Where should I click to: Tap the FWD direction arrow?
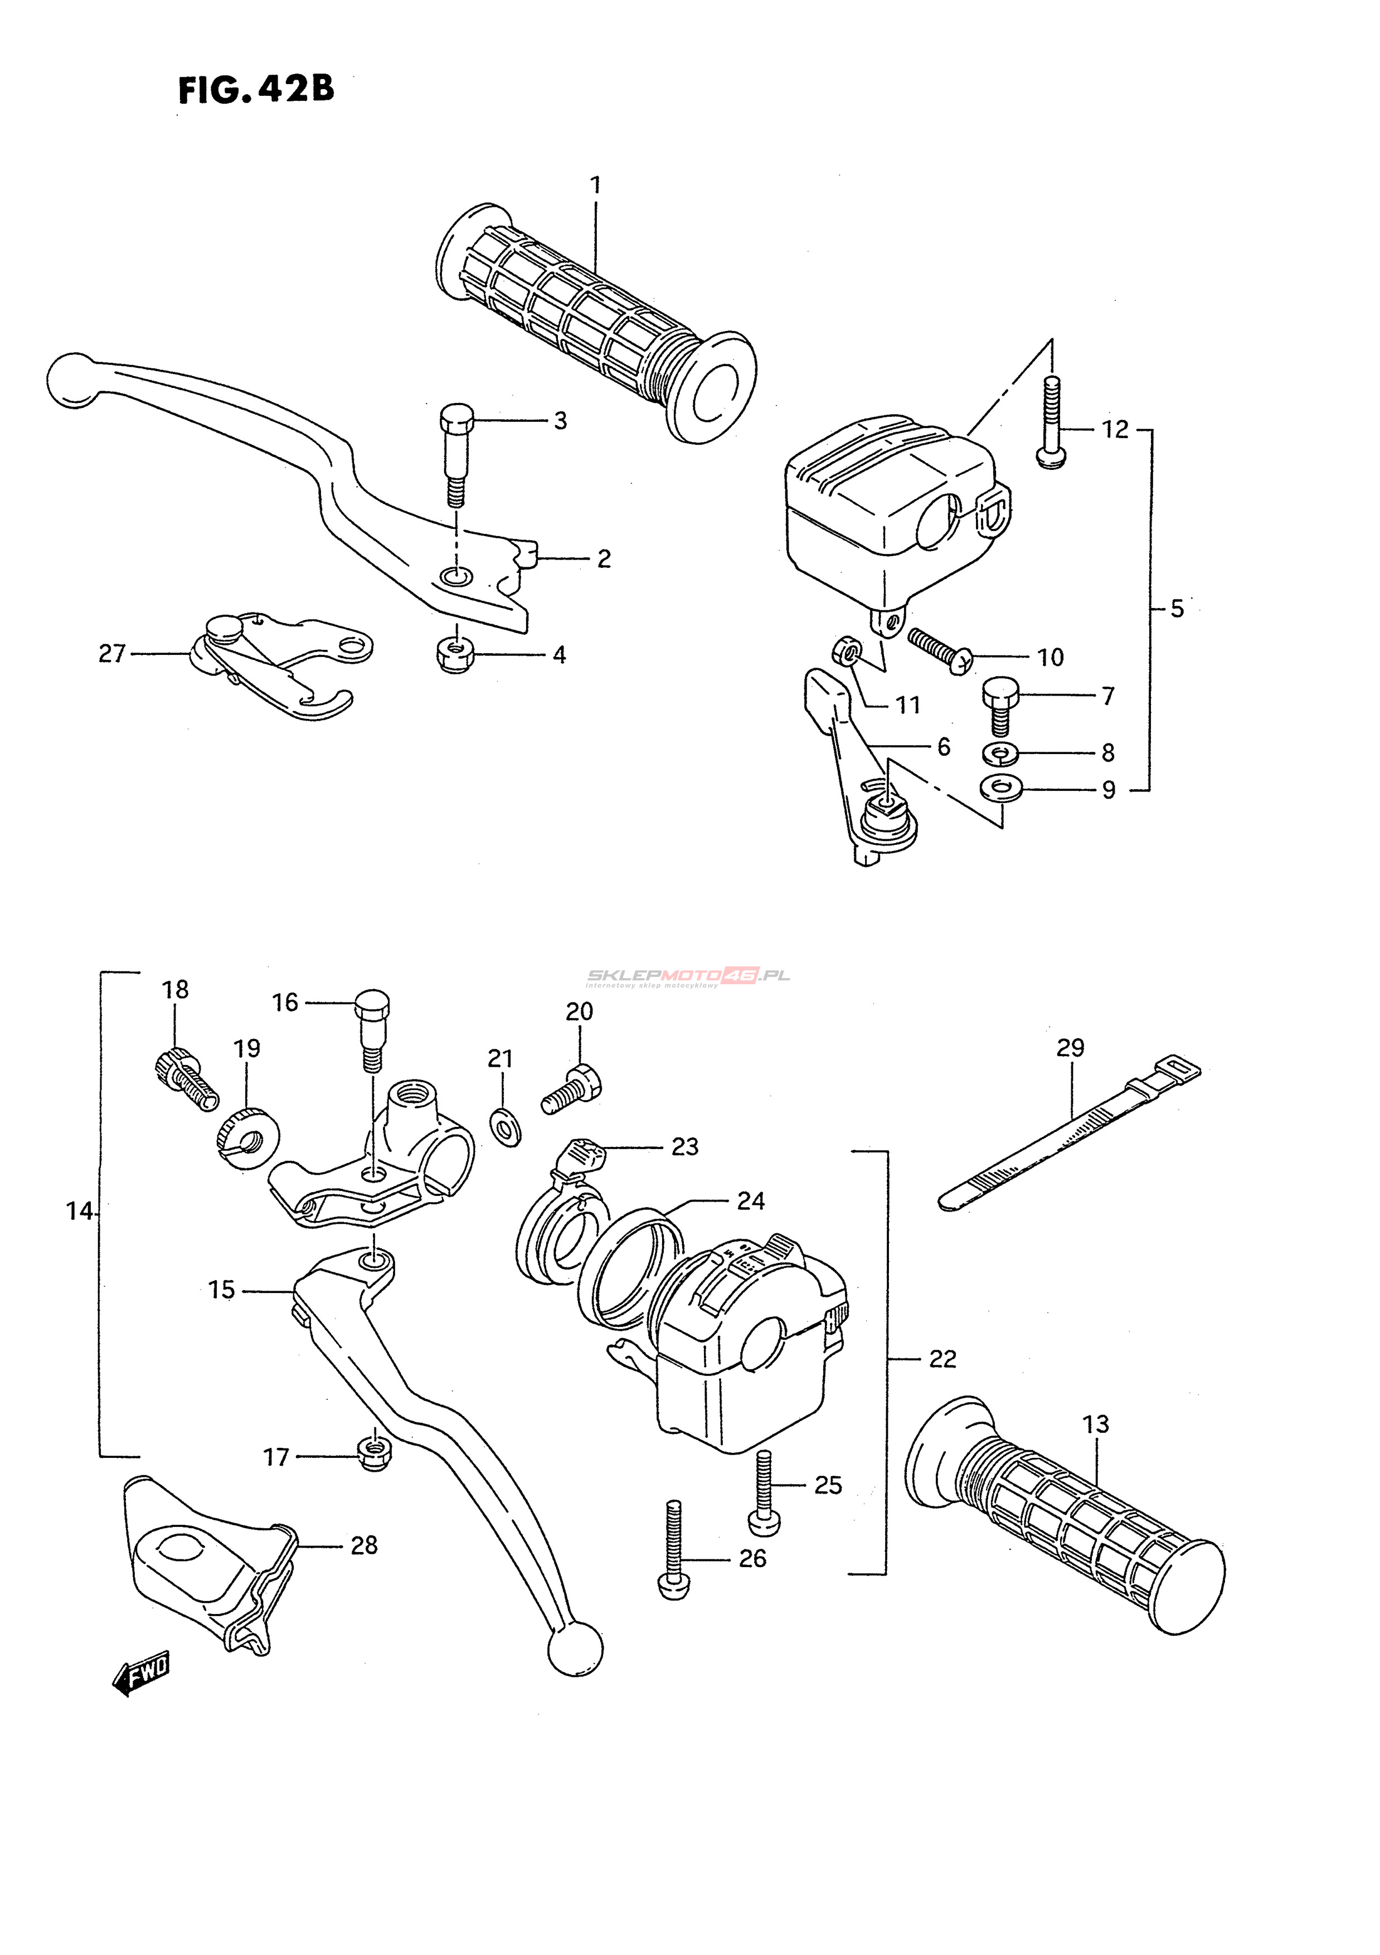[140, 1676]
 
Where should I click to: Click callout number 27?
[111, 653]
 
